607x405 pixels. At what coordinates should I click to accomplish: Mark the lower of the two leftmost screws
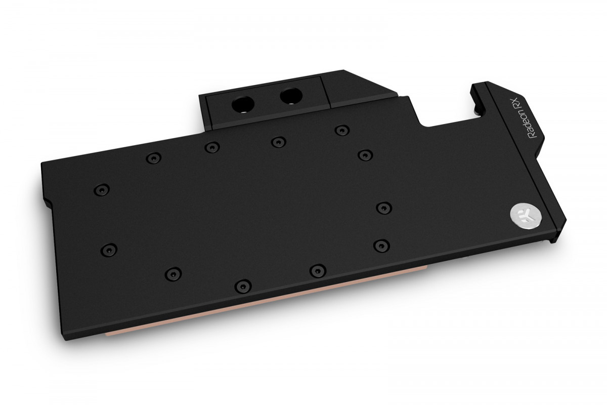[108, 249]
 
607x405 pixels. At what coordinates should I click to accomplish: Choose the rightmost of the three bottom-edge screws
[317, 270]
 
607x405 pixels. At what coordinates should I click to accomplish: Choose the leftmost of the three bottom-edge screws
[172, 273]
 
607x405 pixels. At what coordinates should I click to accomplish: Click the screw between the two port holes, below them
[276, 142]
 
